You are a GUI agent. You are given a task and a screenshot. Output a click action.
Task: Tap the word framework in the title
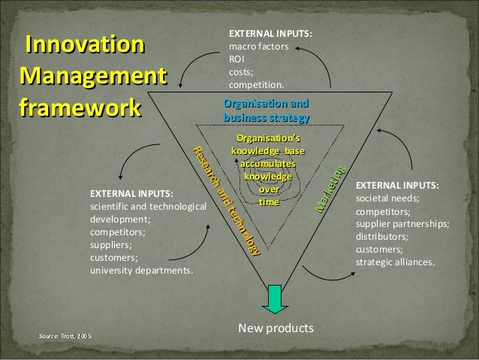tap(82, 106)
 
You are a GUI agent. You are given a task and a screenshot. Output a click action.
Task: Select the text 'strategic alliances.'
tap(394, 262)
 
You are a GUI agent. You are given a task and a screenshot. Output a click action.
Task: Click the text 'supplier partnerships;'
tap(402, 224)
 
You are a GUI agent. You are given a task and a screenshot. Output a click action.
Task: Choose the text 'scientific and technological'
tap(147, 206)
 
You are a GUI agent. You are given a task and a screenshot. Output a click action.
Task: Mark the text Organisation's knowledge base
tap(268, 145)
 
